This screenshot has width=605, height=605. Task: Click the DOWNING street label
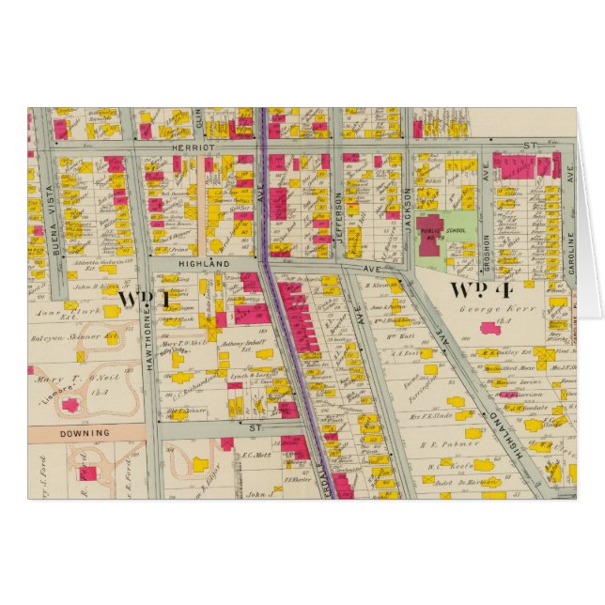click(85, 433)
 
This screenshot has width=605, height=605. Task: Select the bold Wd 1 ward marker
click(144, 299)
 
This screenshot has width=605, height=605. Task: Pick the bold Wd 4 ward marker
click(477, 288)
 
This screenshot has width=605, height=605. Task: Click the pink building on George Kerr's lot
click(489, 328)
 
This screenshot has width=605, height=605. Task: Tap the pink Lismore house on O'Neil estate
click(70, 405)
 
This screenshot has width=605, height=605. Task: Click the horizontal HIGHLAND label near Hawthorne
click(204, 266)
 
